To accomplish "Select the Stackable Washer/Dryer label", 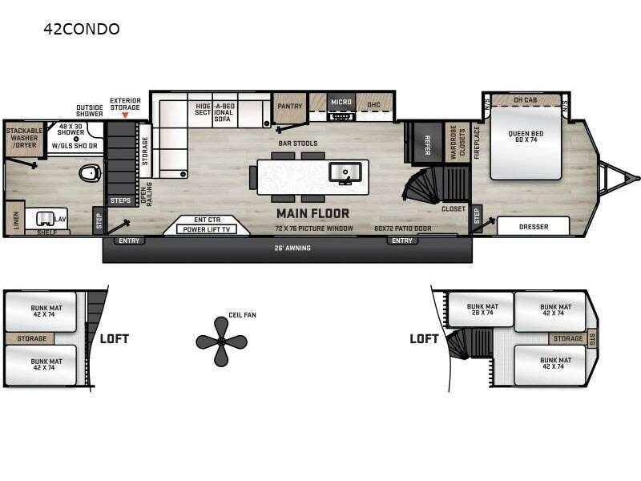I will coord(24,138).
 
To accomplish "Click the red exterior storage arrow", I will coord(125,115).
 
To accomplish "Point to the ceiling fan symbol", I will coord(219,340).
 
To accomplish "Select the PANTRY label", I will coord(288,106).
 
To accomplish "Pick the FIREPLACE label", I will coord(477,142).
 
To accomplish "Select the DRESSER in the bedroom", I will coord(534,227).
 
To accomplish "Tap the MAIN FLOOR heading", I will coord(312,213).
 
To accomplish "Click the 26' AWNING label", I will coord(292,249).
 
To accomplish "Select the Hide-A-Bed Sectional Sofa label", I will coord(214,111).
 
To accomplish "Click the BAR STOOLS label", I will coord(298,143).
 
